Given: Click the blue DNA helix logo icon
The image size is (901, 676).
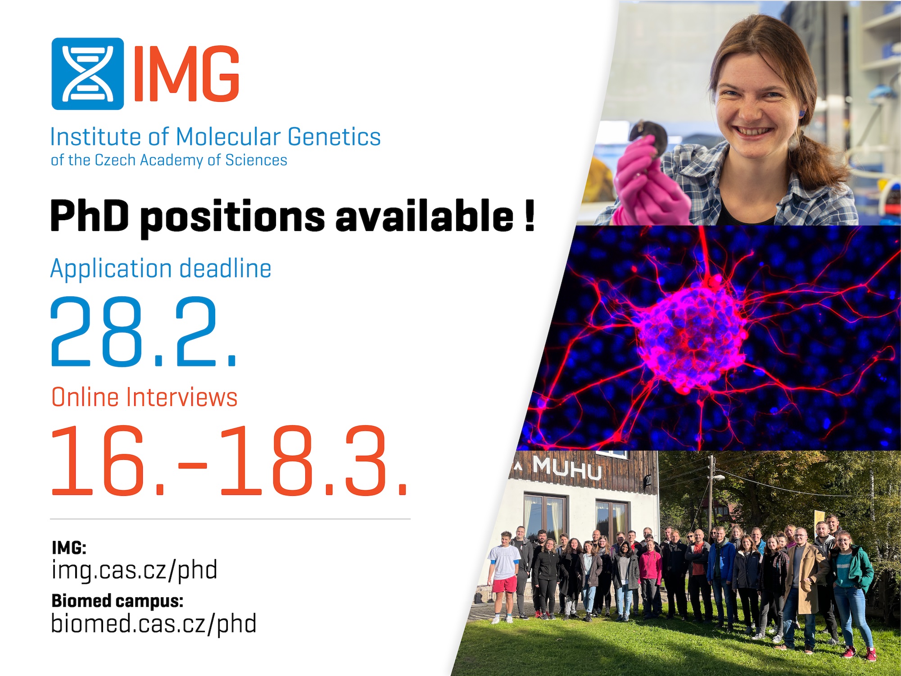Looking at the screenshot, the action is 87,74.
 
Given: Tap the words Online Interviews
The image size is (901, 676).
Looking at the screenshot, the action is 145,397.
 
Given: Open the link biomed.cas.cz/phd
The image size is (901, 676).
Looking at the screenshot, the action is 154,624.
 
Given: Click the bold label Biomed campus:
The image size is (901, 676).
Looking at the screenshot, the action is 118,601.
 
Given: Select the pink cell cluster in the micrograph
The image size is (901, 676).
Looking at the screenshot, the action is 691,336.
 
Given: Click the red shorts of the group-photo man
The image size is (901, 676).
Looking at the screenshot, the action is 504,585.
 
